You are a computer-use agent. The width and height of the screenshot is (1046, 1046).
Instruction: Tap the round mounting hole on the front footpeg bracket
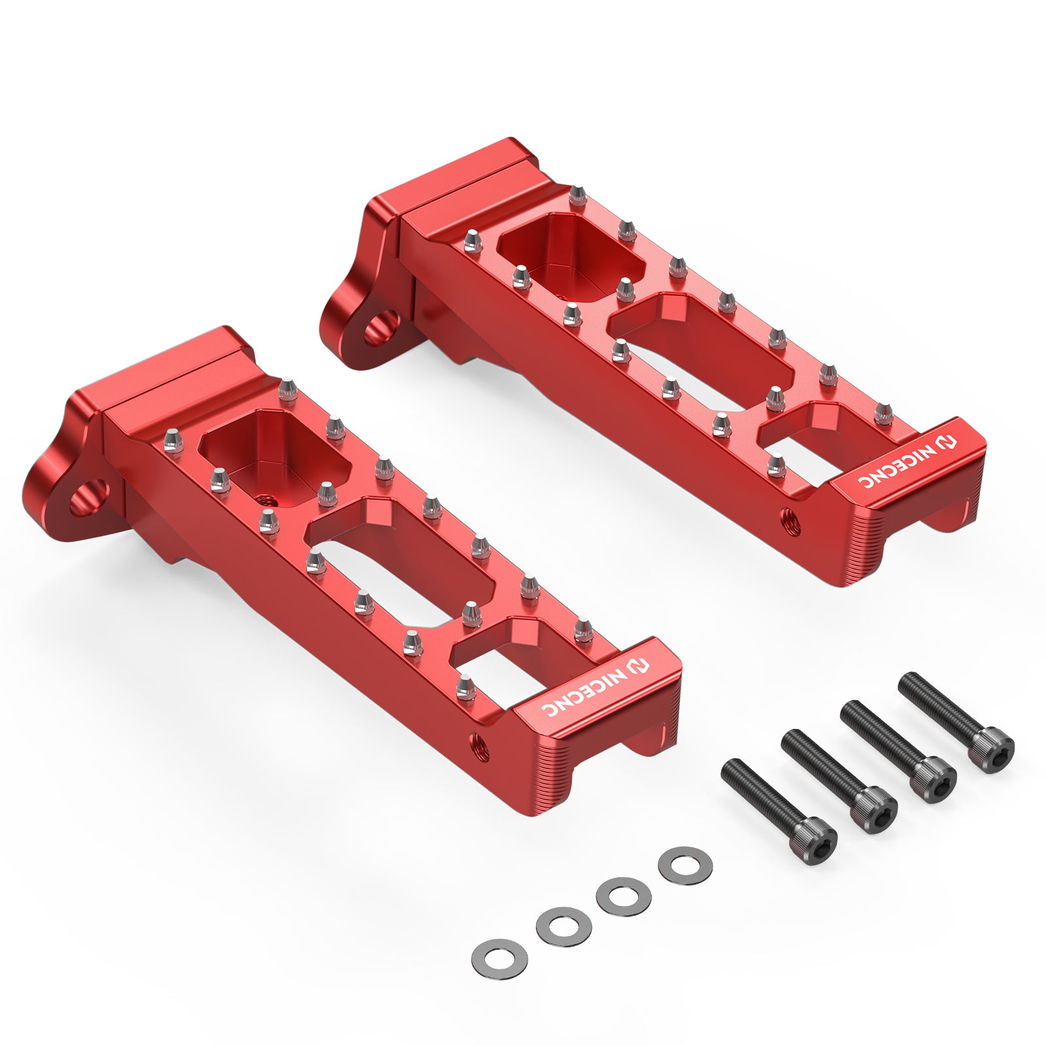pos(88,496)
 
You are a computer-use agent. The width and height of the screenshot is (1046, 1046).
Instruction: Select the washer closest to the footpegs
pos(685,865)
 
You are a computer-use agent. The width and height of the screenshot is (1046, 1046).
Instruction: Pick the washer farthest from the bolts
pos(499,959)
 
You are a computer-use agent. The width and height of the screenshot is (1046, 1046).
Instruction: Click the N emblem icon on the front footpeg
pos(639,667)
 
